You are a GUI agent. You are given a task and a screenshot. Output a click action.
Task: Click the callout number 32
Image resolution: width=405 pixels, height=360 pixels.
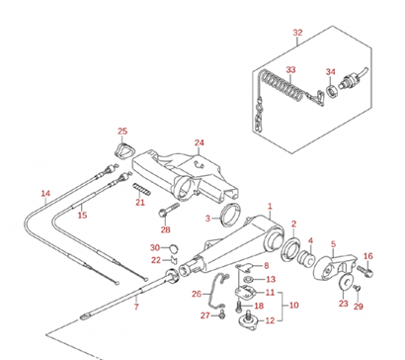297,33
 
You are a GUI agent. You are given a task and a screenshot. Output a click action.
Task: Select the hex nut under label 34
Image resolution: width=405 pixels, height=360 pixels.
330,90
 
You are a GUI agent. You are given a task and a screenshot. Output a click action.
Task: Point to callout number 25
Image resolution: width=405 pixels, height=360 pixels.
122,132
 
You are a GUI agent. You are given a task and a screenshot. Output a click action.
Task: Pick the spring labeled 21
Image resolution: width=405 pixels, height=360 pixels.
142,189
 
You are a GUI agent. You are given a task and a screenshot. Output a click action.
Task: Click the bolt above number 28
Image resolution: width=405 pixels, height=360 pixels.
169,211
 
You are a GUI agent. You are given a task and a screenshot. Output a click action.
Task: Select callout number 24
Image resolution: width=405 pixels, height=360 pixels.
199,142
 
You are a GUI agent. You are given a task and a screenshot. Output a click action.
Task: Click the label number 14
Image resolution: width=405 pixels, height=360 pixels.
45,193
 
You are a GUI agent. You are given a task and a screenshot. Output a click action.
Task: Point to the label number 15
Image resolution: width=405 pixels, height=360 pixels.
82,216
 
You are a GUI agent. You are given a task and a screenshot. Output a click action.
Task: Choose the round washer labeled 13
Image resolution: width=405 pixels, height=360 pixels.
249,280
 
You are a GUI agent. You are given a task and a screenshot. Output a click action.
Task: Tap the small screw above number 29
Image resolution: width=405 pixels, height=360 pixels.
357,289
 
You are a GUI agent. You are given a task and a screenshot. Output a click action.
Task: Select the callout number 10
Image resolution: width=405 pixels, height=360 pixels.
293,306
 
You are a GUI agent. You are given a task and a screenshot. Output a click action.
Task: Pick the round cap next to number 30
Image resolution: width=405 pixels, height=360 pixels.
174,247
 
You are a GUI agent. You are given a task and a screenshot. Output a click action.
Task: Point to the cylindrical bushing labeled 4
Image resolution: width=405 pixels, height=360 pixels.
306,257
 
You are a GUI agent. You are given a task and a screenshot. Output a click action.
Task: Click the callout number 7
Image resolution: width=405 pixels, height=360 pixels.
136,308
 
